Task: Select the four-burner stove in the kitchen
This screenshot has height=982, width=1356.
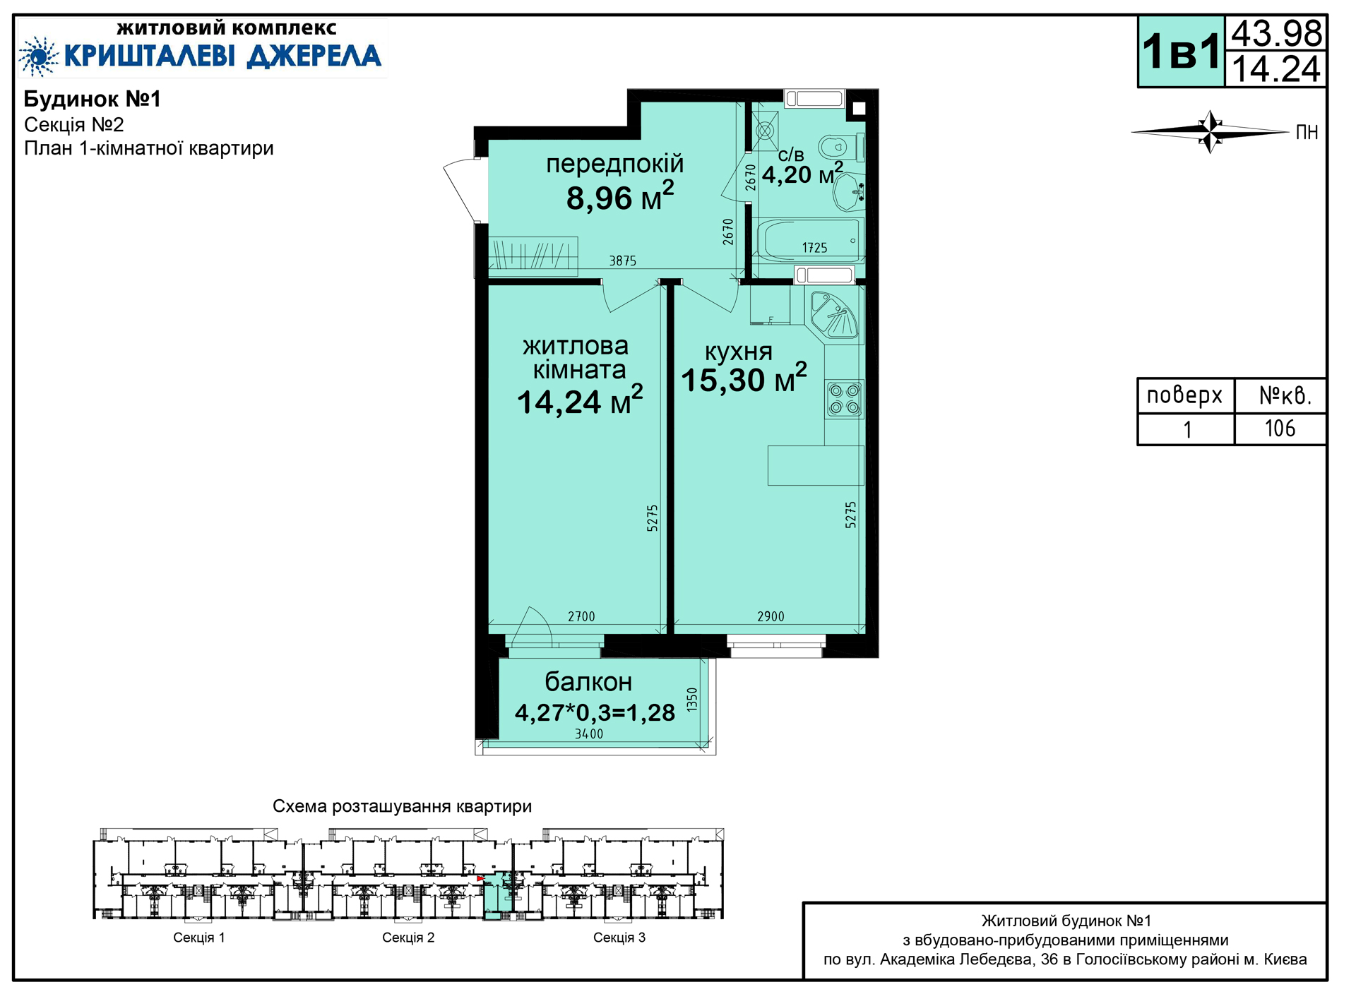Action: tap(845, 399)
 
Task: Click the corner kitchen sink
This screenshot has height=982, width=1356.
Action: tap(834, 315)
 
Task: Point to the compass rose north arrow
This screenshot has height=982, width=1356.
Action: tap(1211, 131)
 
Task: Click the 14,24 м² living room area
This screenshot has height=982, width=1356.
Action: tap(580, 401)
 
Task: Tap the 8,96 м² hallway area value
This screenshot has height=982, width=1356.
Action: tap(620, 197)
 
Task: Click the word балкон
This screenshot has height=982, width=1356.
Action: tap(588, 682)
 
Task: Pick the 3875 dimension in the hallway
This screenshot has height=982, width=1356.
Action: tap(623, 261)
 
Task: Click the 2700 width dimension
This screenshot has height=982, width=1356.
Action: tap(581, 617)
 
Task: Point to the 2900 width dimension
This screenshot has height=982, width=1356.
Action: tap(771, 617)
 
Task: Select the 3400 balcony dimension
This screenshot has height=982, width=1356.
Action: tap(589, 734)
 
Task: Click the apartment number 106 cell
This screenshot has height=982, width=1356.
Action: tap(1280, 429)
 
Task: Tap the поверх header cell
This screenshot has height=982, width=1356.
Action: tap(1185, 395)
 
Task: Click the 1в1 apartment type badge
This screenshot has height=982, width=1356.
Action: tap(1181, 52)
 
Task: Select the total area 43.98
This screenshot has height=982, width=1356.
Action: tap(1276, 33)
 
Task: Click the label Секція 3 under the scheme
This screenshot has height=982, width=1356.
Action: tap(619, 938)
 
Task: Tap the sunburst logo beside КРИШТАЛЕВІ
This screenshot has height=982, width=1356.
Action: tap(38, 56)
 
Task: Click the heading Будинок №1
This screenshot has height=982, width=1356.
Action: tap(93, 99)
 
